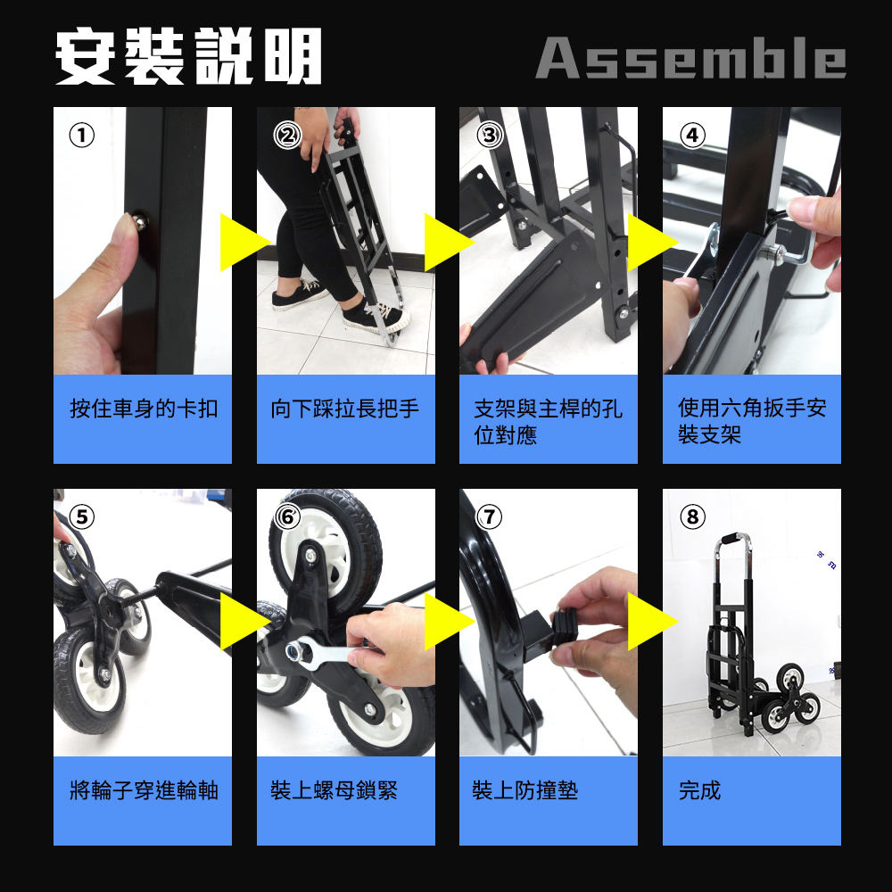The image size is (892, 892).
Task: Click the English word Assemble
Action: pos(690,57)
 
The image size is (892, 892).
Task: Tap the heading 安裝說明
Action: pos(189,56)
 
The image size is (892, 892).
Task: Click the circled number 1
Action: pos(81,136)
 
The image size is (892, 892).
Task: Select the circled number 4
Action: pos(692,136)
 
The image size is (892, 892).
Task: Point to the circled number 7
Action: pos(489,516)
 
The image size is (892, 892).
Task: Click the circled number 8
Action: pos(692,516)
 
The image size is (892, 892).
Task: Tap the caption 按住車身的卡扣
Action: pos(144,409)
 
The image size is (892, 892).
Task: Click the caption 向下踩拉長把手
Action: pos(344,409)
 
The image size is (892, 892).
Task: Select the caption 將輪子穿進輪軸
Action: pos(144,790)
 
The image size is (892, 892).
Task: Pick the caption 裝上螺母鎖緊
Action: pos(334,790)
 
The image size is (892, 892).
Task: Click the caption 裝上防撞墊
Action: pos(525,790)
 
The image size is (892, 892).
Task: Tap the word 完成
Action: pos(699,790)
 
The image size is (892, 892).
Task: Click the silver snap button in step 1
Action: pos(139,221)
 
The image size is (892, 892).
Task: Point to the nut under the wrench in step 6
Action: pos(295,649)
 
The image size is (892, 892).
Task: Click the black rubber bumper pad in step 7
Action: pos(565,629)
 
